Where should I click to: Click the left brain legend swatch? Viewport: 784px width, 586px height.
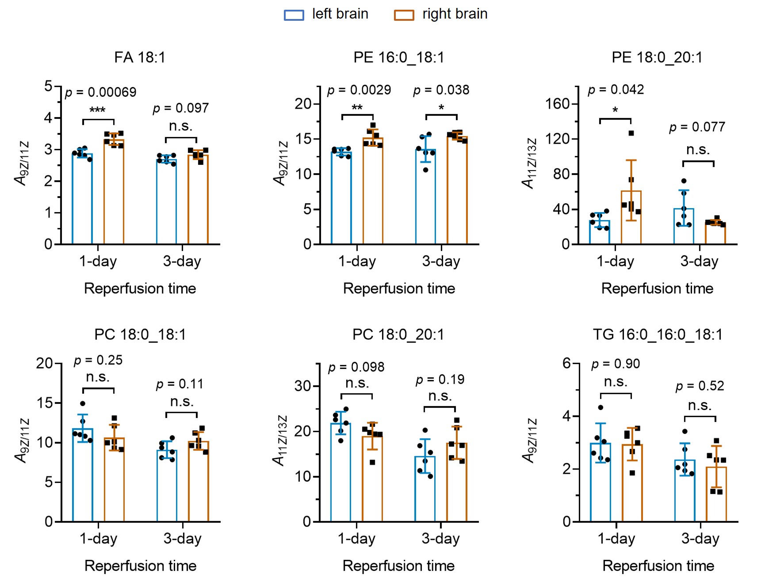(x=294, y=15)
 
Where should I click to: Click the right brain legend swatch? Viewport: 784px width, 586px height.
(x=404, y=15)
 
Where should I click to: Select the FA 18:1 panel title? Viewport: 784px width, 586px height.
(x=140, y=57)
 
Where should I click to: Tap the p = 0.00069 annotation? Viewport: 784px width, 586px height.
(x=100, y=92)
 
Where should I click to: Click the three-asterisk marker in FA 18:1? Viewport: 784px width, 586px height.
(x=97, y=110)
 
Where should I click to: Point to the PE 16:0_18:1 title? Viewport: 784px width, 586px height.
(x=398, y=57)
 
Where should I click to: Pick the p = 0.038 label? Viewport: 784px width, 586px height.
(x=441, y=90)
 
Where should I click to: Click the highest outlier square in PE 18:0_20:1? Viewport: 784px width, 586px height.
(x=631, y=133)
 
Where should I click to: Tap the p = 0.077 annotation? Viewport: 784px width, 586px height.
(x=697, y=127)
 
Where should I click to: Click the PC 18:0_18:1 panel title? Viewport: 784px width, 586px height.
(x=140, y=335)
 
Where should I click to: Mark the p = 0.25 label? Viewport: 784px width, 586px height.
(x=98, y=361)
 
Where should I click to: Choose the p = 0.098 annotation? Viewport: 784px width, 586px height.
(x=356, y=367)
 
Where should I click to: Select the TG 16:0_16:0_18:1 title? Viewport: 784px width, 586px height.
(x=658, y=335)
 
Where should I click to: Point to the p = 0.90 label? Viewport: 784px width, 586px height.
(x=616, y=364)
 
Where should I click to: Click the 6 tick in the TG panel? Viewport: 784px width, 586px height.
(x=566, y=363)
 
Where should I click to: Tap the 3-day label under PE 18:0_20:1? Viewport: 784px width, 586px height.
(x=699, y=261)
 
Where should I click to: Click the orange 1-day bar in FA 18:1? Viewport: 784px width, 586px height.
(x=114, y=192)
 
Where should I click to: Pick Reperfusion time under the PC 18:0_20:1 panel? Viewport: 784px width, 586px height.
(x=398, y=566)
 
